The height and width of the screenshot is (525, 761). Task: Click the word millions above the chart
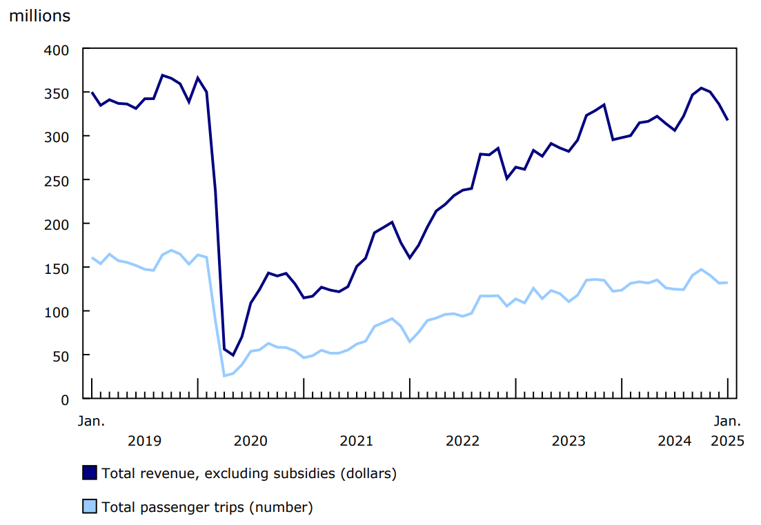(39, 16)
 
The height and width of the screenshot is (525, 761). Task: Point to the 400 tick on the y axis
(57, 50)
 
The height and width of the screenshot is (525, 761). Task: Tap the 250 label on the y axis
(57, 180)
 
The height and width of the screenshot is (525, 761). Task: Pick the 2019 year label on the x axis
(144, 441)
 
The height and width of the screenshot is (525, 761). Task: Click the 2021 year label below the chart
(356, 441)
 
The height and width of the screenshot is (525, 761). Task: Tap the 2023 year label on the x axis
(569, 441)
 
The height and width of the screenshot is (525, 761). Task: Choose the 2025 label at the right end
(727, 441)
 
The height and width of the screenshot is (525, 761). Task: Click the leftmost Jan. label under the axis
(90, 420)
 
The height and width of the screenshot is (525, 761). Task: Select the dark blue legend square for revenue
(90, 473)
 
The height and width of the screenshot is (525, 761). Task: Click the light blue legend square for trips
(90, 507)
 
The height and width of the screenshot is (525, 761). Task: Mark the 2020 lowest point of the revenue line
(233, 355)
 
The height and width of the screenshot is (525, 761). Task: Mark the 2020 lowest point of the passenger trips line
(224, 376)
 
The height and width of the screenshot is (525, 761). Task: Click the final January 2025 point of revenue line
(727, 120)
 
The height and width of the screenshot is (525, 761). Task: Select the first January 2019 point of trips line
(92, 258)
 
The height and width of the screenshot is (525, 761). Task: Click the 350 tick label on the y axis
(57, 93)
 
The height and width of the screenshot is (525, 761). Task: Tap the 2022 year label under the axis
(462, 441)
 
